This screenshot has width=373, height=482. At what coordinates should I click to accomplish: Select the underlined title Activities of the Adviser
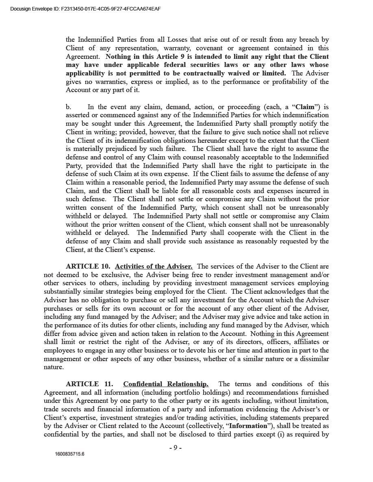[x=154, y=267]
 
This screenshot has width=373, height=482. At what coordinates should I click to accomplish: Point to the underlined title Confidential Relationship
[x=166, y=384]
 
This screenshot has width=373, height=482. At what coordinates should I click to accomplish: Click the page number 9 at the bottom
[x=175, y=448]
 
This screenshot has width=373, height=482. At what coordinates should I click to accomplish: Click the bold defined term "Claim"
[x=305, y=107]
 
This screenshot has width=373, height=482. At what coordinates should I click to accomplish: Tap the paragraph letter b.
[x=69, y=107]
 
